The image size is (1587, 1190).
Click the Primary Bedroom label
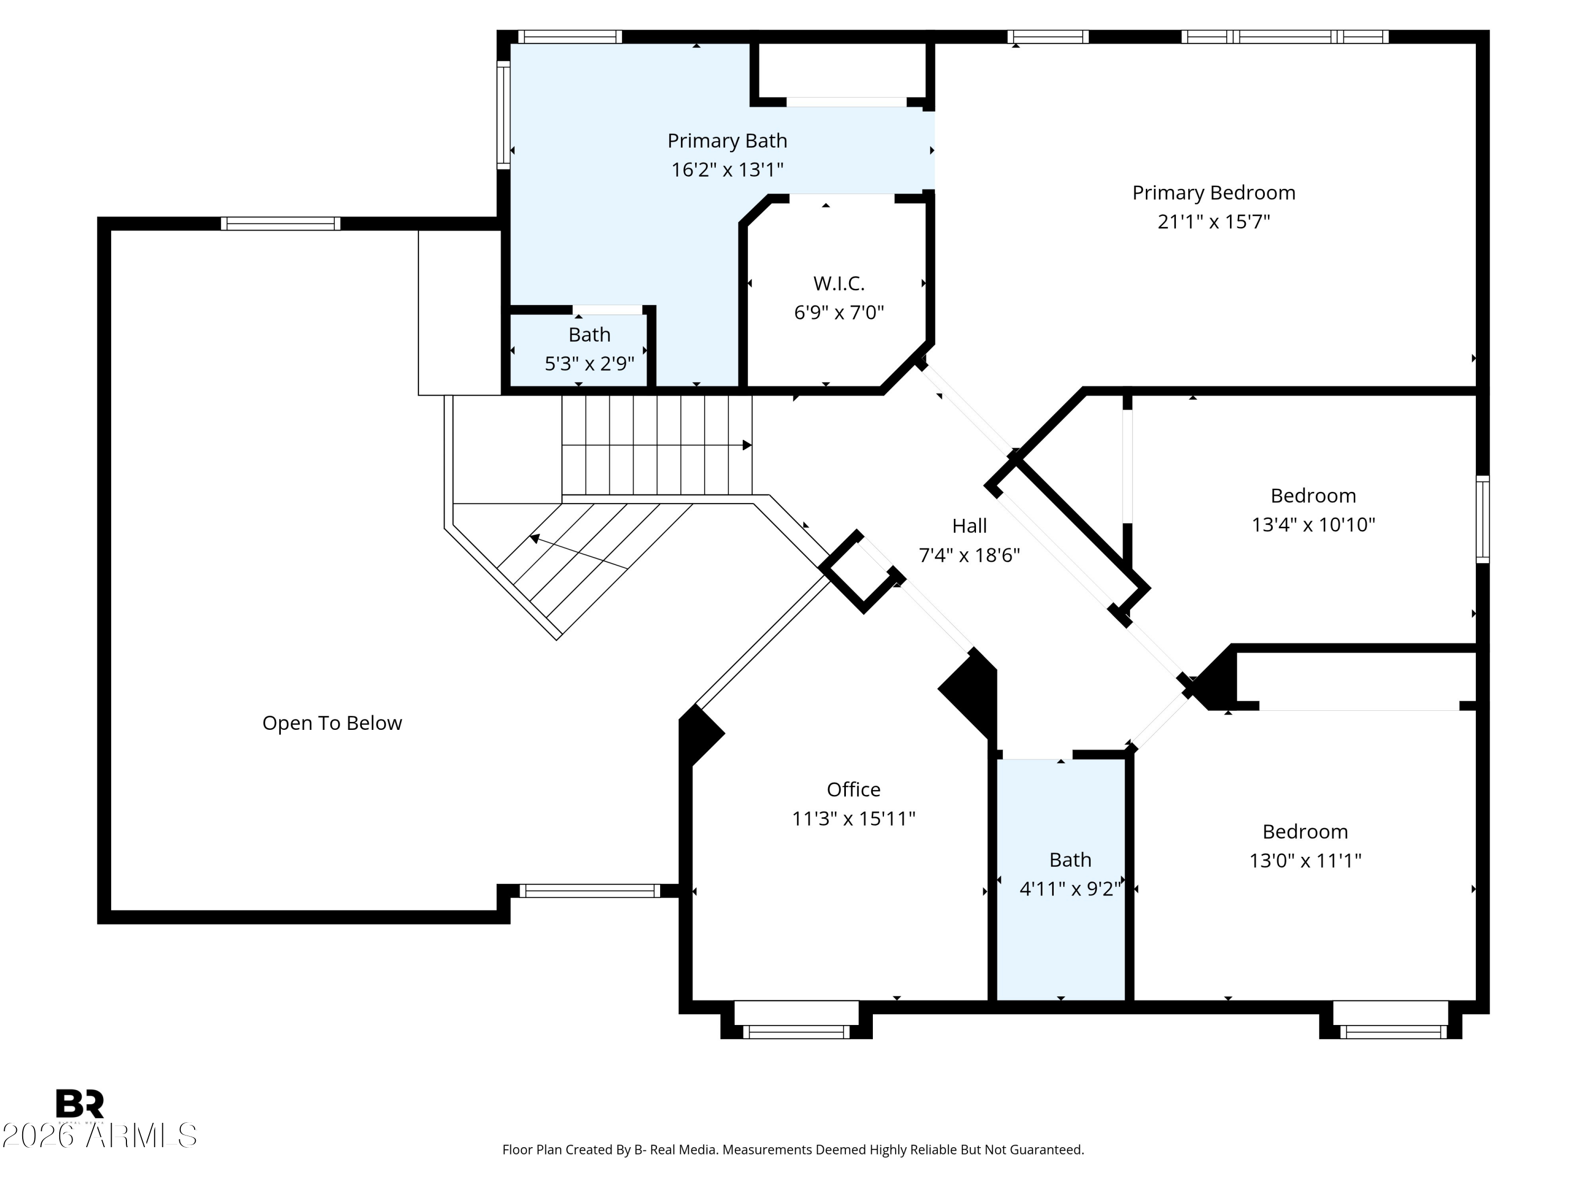click(x=1213, y=193)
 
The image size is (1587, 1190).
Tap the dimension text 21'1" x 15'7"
click(x=1213, y=222)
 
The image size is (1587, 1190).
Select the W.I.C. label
click(x=838, y=283)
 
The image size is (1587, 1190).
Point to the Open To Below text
click(x=332, y=723)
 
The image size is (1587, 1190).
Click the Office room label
click(x=854, y=789)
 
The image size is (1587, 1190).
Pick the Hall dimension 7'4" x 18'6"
click(x=969, y=555)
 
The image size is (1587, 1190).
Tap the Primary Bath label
click(x=727, y=141)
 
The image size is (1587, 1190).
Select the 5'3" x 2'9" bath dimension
click(x=590, y=364)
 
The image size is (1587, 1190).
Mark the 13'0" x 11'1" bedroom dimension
click(x=1306, y=860)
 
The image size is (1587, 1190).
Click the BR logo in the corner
click(x=80, y=1104)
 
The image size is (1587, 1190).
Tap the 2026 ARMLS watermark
click(x=99, y=1136)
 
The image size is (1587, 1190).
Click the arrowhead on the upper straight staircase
click(x=747, y=445)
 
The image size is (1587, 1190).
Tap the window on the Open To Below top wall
click(x=280, y=224)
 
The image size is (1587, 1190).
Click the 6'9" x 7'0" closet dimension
click(x=838, y=313)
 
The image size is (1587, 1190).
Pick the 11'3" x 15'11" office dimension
click(x=854, y=818)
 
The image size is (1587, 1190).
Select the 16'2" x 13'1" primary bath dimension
click(x=727, y=170)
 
